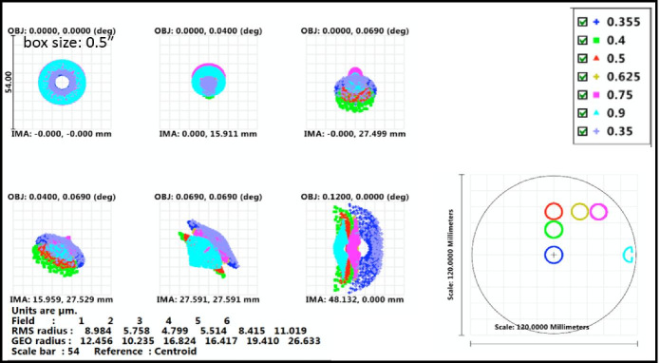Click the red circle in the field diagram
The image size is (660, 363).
click(554, 211)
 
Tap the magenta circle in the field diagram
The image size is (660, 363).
click(598, 211)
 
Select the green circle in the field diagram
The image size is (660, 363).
click(554, 230)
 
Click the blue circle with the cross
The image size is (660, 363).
click(555, 254)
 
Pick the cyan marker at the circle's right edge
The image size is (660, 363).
click(628, 254)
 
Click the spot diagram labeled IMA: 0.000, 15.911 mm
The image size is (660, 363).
click(208, 82)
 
